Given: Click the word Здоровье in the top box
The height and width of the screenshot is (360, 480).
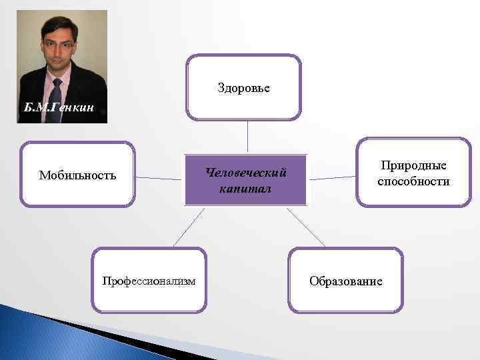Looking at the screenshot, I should [243, 88].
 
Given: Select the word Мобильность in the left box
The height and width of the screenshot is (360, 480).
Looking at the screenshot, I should [77, 175].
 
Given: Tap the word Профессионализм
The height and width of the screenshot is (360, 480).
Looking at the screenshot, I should [149, 281].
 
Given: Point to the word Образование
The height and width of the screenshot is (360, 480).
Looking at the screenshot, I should [345, 281].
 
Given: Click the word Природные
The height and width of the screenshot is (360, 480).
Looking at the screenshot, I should [413, 165].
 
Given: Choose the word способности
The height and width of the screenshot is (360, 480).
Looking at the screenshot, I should [413, 181].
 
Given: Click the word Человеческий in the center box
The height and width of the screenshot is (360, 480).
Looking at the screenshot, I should [246, 173].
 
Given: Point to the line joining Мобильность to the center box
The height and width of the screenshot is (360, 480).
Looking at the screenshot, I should [159, 178].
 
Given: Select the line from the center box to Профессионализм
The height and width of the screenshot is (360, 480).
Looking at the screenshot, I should [188, 227].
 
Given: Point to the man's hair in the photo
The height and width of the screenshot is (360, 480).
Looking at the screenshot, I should [59, 25].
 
